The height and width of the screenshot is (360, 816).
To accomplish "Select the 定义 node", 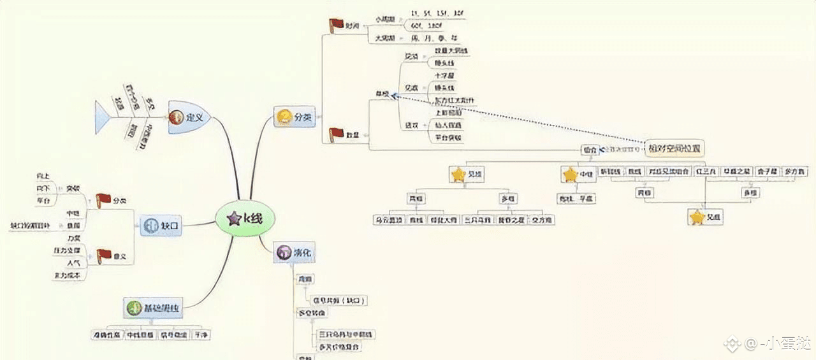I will (189, 117).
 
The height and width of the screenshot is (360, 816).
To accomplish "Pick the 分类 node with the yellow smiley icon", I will (295, 117).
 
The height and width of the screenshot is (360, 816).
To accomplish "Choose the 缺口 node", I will (162, 225).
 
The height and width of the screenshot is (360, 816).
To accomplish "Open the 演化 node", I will (294, 252).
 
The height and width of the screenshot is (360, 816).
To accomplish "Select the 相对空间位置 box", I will (674, 148).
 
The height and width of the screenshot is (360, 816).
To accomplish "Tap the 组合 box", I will (589, 150).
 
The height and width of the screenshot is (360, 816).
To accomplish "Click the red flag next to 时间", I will (336, 25).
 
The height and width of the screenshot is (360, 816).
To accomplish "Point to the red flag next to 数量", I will (336, 134).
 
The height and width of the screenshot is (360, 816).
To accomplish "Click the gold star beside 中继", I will (569, 175).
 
